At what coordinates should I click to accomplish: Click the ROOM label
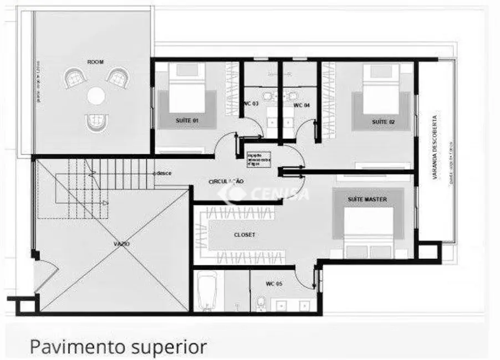click(95, 62)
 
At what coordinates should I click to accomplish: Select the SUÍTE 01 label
click(187, 120)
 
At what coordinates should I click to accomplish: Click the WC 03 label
click(251, 104)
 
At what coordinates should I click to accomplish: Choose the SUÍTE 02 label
click(382, 121)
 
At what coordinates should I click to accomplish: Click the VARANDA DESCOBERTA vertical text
click(436, 148)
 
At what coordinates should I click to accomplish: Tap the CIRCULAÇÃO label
click(226, 182)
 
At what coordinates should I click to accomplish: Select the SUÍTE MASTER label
click(368, 199)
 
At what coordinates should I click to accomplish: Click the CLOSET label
click(244, 235)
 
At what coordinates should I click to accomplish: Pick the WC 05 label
click(274, 284)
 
